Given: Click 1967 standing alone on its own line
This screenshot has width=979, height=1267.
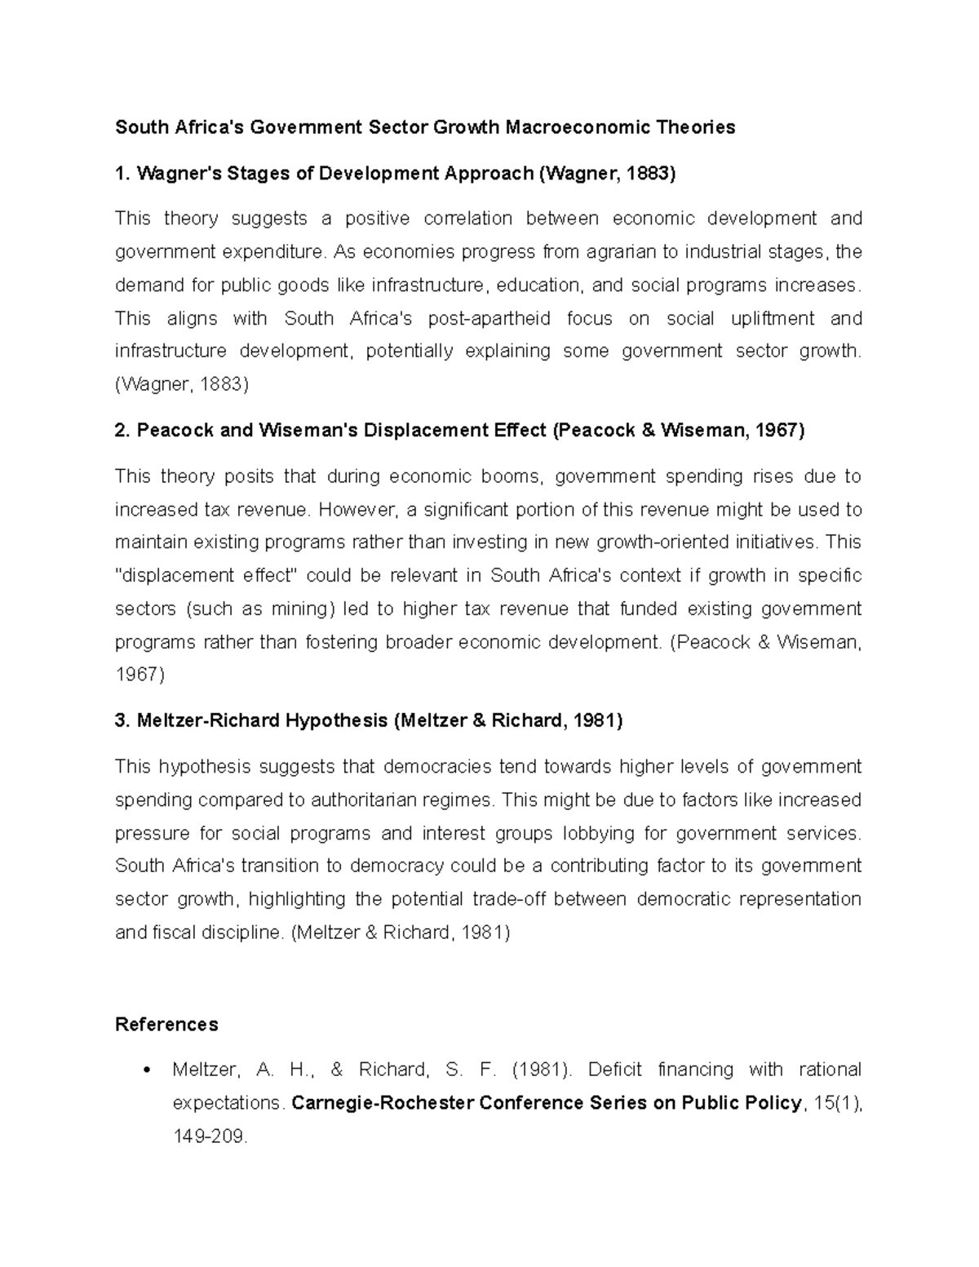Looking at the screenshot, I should coord(140,676).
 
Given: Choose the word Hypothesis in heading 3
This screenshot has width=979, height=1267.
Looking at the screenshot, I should coord(336,721).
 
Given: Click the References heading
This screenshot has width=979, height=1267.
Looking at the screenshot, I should coord(166,1025).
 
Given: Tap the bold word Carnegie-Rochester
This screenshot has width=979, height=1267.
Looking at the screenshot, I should coord(382,1104).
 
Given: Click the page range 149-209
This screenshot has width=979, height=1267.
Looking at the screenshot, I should coord(209,1136).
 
